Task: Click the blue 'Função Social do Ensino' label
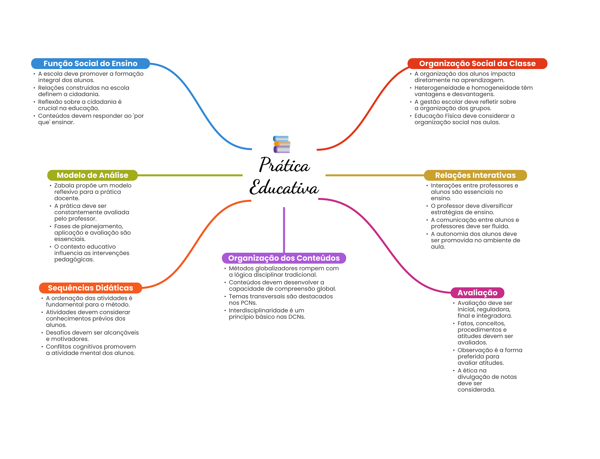coord(90,63)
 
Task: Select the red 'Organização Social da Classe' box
coord(477,63)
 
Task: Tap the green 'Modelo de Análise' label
coord(92,175)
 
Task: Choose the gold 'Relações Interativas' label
coord(475,175)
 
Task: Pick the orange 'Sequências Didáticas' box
coord(90,288)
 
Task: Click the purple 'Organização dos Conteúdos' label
coord(284,258)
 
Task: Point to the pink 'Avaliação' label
coord(477,293)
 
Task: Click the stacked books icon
coord(282,144)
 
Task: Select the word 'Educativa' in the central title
coord(284,188)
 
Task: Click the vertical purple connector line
coord(284,230)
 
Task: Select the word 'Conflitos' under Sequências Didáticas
coord(58,347)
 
